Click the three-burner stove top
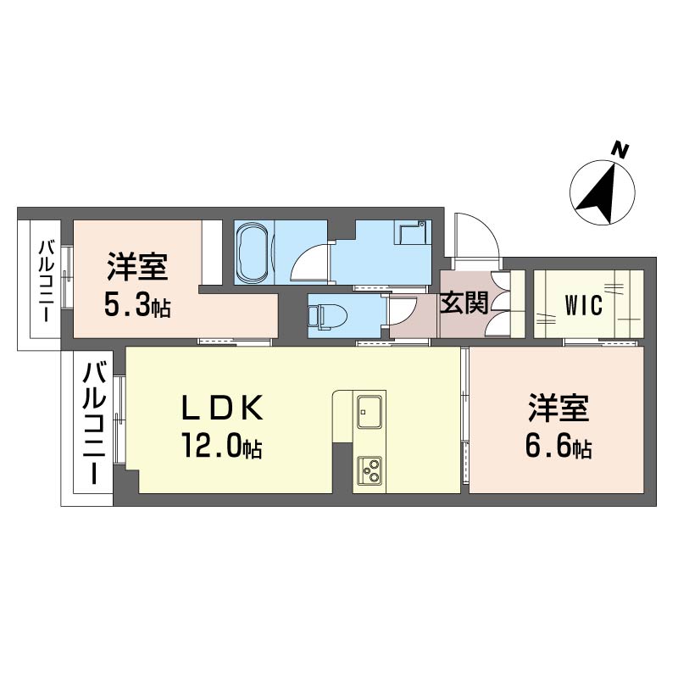point(370,470)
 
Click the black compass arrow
point(601,193)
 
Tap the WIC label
point(583,305)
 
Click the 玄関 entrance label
point(464,303)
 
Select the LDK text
point(222,408)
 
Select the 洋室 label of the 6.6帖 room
point(559,408)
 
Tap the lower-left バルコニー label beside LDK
point(94,424)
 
